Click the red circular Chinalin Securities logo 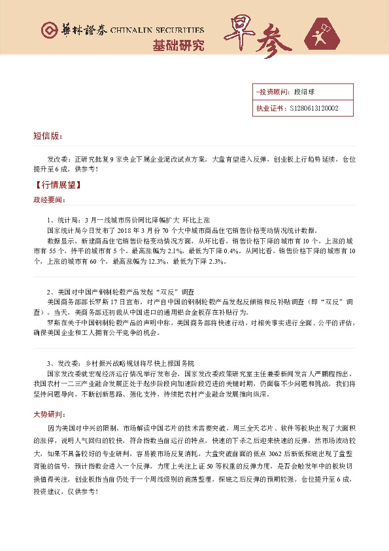(x=48, y=31)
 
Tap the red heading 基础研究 (x=178, y=45)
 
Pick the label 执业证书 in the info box (x=269, y=109)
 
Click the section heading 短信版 (x=47, y=136)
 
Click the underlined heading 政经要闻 (x=50, y=198)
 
